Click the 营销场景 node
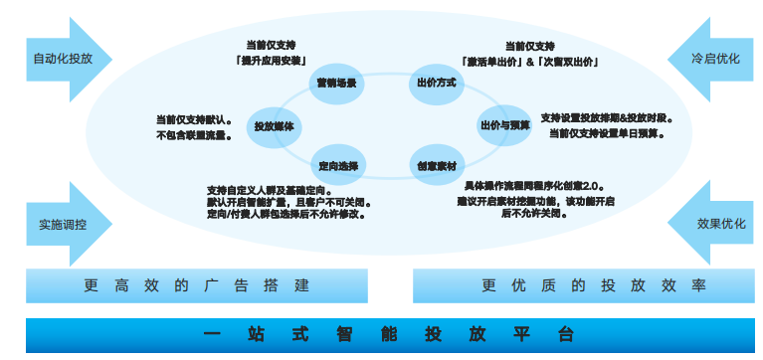pos(335,83)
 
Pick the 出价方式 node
pos(435,83)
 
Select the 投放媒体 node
pos(273,126)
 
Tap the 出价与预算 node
pos(504,125)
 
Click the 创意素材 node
pos(436,165)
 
